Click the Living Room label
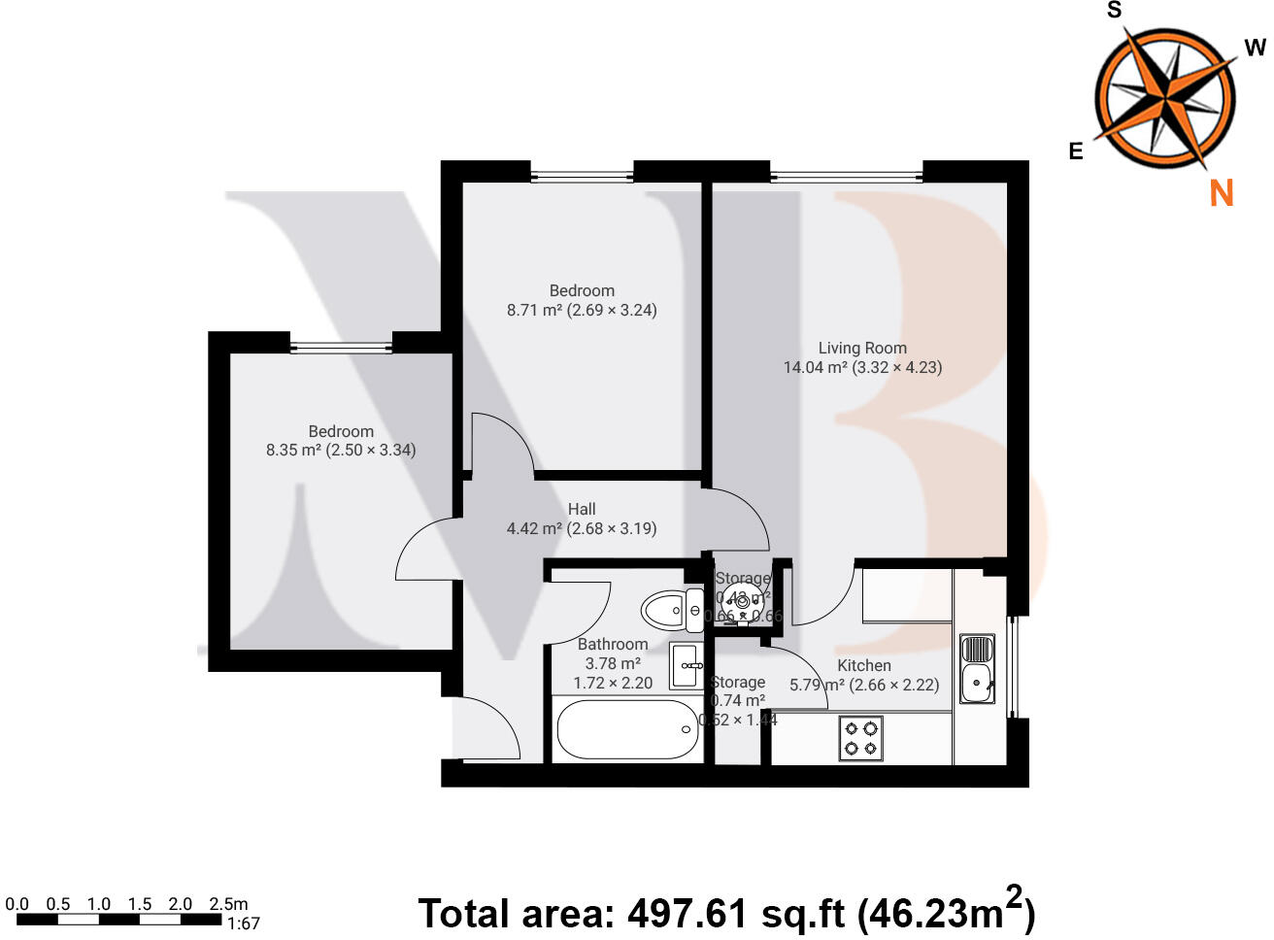click(x=861, y=348)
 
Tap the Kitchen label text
click(x=863, y=665)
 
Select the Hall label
click(x=582, y=509)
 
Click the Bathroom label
click(x=612, y=644)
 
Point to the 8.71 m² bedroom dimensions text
click(x=582, y=311)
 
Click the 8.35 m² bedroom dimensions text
click(x=341, y=451)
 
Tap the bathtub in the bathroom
click(x=627, y=729)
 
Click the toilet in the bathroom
click(x=671, y=611)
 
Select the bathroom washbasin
click(x=687, y=666)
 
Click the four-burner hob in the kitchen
click(x=860, y=738)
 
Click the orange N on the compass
click(x=1221, y=193)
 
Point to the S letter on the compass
click(x=1114, y=11)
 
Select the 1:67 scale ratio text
click(x=243, y=923)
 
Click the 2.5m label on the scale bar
click(x=228, y=904)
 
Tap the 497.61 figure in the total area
click(x=687, y=914)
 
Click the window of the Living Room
click(x=846, y=176)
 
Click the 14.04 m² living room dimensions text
click(x=862, y=367)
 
